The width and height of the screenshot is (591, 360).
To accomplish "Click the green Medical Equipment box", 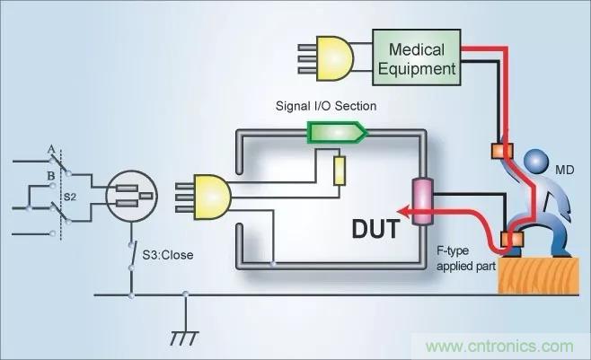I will point(416,56).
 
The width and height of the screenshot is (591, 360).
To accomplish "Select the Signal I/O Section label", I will point(325,106).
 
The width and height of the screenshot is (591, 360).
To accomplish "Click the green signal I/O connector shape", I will point(337,133).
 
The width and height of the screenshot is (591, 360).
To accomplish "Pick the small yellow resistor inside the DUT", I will point(339,171).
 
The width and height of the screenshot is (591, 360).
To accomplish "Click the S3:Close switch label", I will point(167,254).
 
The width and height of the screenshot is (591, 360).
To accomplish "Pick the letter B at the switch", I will point(53,175).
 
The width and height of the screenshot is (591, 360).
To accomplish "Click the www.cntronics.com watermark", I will point(504,346).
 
